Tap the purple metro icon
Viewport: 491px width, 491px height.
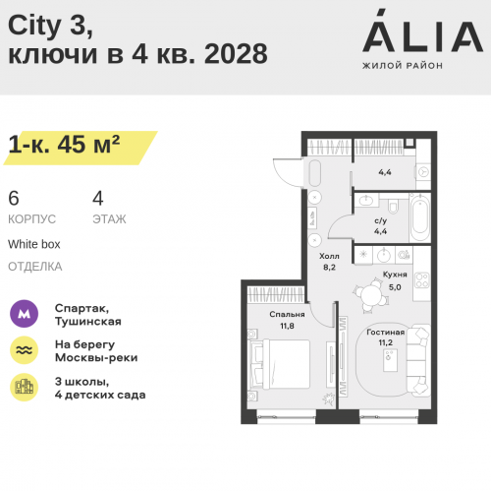[24, 314]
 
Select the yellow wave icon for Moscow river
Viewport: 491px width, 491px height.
[24, 350]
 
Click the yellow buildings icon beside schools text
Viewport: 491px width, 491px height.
[24, 387]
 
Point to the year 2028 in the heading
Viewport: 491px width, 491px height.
[236, 53]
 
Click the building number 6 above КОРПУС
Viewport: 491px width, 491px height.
[14, 198]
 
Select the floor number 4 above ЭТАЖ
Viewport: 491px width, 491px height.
[98, 198]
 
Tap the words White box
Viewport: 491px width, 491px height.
[34, 244]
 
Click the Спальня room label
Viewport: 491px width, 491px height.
[287, 314]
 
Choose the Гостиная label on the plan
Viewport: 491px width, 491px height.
[386, 333]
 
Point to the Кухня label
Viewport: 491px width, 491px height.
[395, 275]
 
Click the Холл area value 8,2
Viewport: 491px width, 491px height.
[329, 268]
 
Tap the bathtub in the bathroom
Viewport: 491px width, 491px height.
[420, 217]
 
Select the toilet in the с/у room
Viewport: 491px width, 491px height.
[393, 206]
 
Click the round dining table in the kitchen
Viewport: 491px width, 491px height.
[372, 295]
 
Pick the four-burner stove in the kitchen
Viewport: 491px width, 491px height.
[421, 280]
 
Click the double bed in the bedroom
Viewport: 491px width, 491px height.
[280, 364]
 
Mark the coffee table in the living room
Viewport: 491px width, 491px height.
[390, 360]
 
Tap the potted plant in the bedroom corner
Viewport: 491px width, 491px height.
[328, 399]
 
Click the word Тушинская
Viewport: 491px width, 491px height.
[88, 322]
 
